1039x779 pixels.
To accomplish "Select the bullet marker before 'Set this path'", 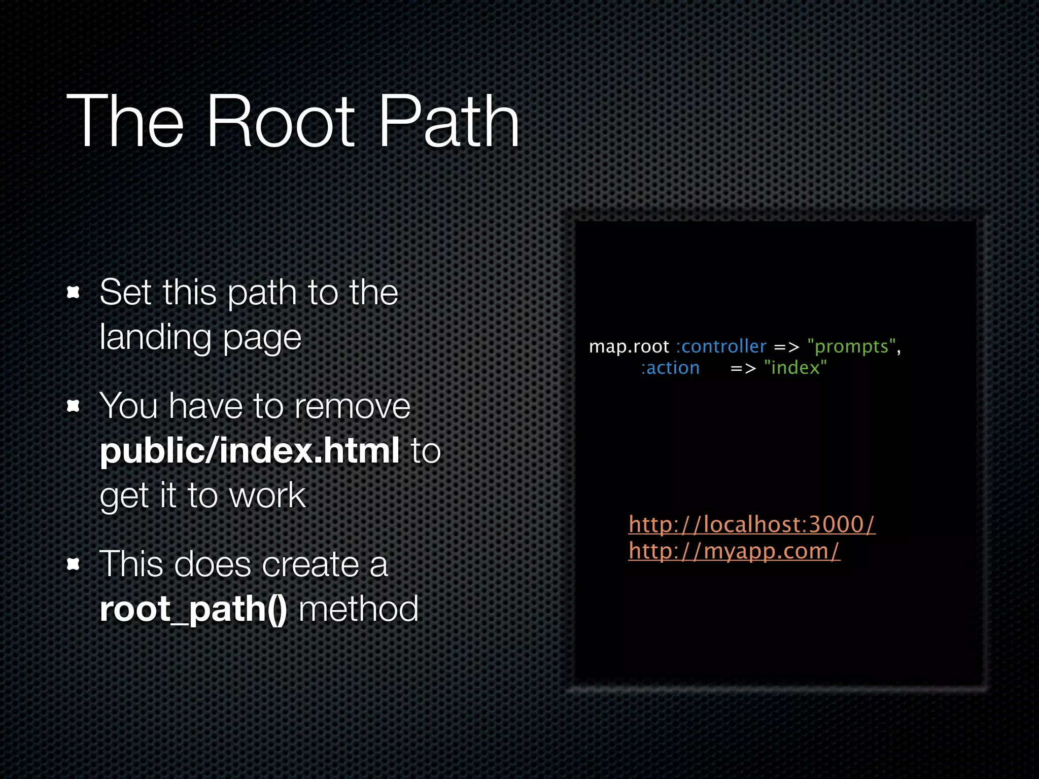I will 74,292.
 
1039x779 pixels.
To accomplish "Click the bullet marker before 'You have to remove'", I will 74,406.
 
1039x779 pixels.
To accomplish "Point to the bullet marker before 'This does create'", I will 74,564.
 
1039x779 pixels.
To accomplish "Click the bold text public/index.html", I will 250,450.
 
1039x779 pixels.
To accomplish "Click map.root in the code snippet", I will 629,346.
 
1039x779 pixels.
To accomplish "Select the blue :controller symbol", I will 721,346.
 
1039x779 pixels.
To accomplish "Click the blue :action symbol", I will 670,368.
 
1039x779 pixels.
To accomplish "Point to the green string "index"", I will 795,368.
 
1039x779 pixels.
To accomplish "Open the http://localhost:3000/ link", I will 751,524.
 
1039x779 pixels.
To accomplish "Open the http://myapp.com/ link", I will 734,551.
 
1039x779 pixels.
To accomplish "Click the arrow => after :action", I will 743,369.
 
